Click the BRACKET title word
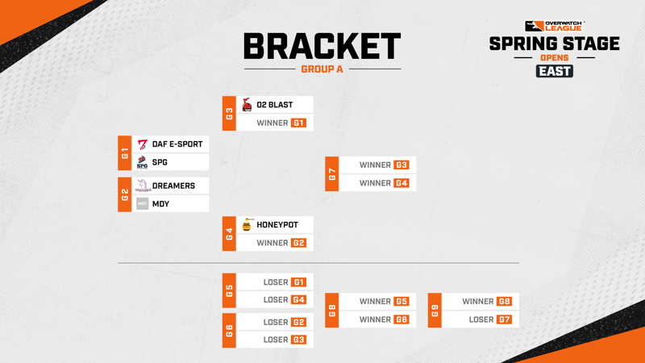coord(322,46)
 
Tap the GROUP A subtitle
coord(322,69)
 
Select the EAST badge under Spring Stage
coord(555,71)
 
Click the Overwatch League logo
coord(554,27)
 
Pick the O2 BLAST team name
coord(275,105)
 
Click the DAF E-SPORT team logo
coord(143,144)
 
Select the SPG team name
coord(160,163)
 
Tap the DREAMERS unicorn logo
coord(143,186)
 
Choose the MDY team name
coord(160,204)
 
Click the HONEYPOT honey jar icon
coord(247,225)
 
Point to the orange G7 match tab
coord(332,173)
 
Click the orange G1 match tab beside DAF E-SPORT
coord(125,153)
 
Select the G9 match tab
coord(435,311)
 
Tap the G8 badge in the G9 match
coord(505,302)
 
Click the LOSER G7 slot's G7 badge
coord(505,319)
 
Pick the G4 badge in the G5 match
coord(298,300)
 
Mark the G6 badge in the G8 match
coord(402,319)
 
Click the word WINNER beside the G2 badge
coord(273,244)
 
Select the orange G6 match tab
coord(229,331)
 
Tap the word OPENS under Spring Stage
coord(555,57)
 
